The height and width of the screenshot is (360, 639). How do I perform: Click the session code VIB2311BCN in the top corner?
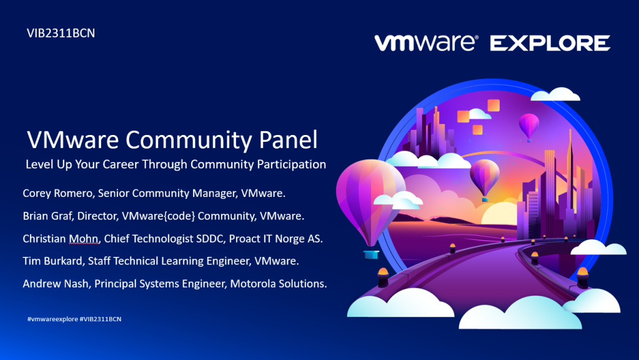61,33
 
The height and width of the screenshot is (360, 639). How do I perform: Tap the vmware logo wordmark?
426,42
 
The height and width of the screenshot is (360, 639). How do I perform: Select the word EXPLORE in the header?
550,43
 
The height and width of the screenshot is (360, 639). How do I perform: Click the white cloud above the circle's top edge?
555,94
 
